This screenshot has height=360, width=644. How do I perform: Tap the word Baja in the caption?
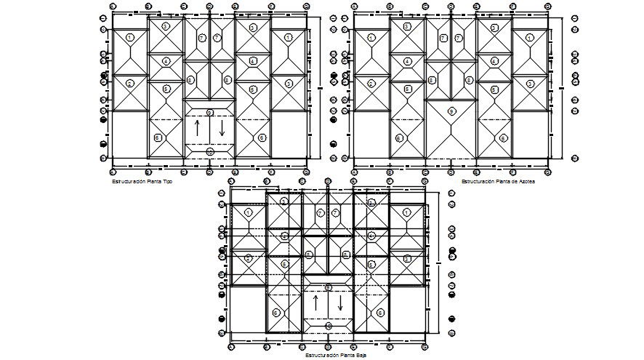click(x=361, y=356)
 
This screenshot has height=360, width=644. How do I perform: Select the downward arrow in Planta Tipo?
click(x=222, y=129)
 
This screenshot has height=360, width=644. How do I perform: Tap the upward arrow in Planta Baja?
click(x=316, y=303)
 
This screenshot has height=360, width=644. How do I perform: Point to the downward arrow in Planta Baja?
click(x=340, y=303)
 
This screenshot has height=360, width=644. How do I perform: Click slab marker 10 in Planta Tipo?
click(x=209, y=152)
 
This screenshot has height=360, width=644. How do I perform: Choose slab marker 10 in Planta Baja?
click(x=328, y=327)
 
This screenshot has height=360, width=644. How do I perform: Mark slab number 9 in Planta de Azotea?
click(x=451, y=111)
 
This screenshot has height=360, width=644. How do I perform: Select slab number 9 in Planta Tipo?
click(x=209, y=112)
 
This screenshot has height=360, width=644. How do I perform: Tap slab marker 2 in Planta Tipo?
click(x=130, y=84)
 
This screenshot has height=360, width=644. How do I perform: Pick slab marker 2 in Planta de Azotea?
click(x=371, y=84)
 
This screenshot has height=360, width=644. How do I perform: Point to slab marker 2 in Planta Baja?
click(x=249, y=257)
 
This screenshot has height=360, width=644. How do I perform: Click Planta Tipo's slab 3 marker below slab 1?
click(x=289, y=84)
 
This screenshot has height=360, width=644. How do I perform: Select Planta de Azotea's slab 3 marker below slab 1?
click(x=530, y=84)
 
